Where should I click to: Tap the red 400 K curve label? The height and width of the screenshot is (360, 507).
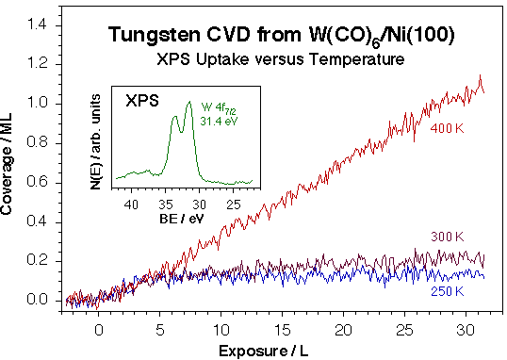point(446,127)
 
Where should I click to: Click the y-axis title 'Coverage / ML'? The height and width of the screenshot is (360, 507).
point(9,170)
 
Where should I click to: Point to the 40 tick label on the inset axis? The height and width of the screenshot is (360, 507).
point(131,201)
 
